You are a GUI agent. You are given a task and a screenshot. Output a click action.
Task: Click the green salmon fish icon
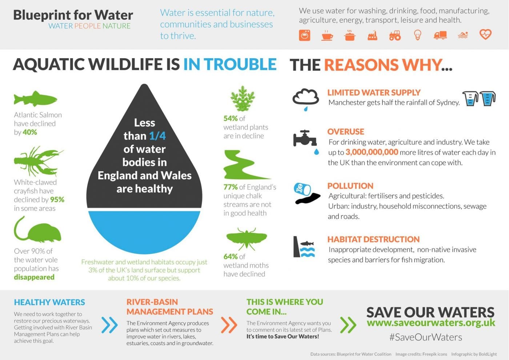(36, 99)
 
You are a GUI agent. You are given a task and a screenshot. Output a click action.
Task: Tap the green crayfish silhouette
(37, 162)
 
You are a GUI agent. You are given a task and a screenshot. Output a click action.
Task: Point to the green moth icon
(247, 239)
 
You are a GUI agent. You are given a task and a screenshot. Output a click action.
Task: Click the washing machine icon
(305, 35)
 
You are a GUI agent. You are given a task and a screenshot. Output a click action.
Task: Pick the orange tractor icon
(395, 36)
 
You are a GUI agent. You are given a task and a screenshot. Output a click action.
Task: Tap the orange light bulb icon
(418, 35)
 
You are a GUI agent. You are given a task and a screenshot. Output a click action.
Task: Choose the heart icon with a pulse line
(485, 35)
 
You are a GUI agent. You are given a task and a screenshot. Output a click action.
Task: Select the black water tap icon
(305, 139)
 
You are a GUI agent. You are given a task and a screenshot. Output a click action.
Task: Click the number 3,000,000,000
(372, 152)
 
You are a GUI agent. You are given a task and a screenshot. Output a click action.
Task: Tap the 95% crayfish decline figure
(57, 200)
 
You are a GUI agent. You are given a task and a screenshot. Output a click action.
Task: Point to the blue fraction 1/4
(157, 136)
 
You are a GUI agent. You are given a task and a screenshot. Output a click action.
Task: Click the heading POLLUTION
(350, 186)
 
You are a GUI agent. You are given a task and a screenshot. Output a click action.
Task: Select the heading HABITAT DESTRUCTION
(373, 239)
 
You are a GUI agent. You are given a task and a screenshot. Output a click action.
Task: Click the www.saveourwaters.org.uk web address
(431, 323)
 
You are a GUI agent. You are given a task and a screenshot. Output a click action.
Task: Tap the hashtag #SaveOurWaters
(426, 337)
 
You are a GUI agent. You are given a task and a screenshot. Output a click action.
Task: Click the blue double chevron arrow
(109, 325)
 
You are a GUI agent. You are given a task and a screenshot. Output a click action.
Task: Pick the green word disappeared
(34, 277)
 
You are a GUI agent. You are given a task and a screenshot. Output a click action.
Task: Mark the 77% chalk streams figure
(231, 187)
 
